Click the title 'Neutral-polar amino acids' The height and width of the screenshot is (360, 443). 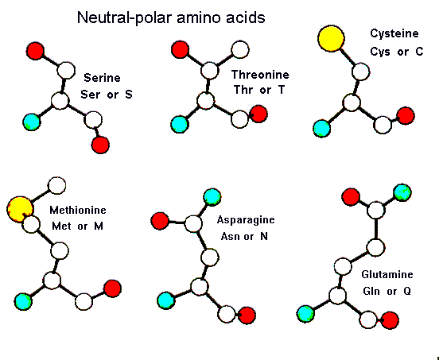(171, 17)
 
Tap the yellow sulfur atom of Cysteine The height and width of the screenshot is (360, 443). (331, 39)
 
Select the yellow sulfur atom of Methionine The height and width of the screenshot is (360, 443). (20, 210)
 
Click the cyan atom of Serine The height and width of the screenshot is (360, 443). (32, 122)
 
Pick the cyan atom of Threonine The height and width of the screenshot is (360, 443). (180, 124)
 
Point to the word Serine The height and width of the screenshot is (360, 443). (102, 78)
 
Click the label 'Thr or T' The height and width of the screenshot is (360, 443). (259, 90)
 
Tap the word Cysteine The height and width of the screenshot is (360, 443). (394, 33)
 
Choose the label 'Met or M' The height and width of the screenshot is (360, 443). (77, 226)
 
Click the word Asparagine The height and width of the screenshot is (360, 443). (246, 220)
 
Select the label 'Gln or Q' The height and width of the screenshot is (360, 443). (387, 291)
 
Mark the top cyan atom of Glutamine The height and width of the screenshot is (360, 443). (402, 192)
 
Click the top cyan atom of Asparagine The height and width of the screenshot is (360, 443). (212, 197)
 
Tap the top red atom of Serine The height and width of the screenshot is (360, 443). (35, 51)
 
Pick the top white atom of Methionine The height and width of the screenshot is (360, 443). (57, 185)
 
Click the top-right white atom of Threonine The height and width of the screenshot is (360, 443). (240, 50)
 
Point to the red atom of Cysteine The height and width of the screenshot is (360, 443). (406, 115)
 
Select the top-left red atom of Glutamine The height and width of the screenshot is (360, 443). (351, 196)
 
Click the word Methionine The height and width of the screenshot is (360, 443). (78, 210)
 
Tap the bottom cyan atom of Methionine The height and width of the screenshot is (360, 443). (23, 301)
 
